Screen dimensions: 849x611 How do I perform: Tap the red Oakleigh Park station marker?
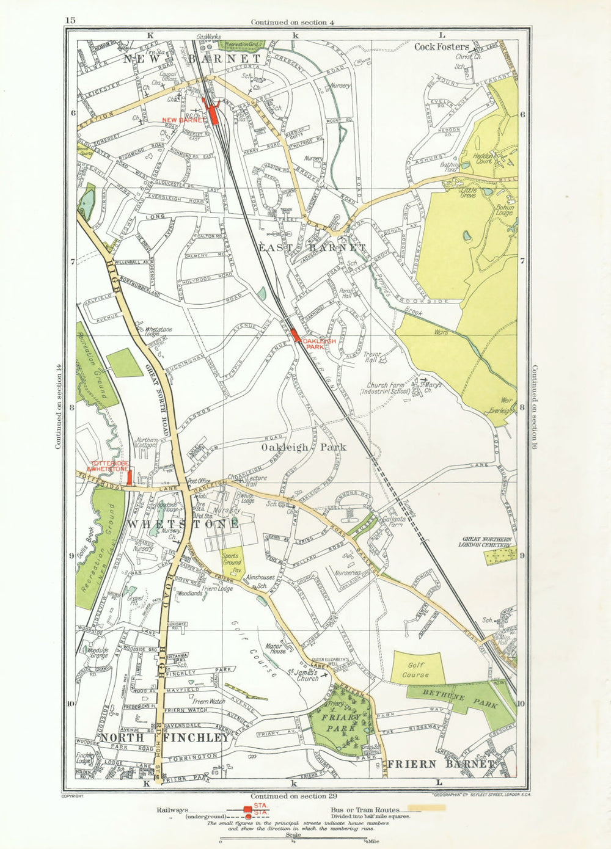[295, 335]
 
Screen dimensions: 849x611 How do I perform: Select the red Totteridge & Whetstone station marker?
[129, 478]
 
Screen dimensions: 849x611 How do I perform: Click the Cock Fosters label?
[442, 46]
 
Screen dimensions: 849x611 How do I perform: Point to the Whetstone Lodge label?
[158, 332]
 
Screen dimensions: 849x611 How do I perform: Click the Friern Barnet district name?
[440, 764]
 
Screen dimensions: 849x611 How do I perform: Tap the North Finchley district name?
[165, 738]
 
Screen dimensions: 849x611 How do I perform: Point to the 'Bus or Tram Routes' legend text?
[365, 809]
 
